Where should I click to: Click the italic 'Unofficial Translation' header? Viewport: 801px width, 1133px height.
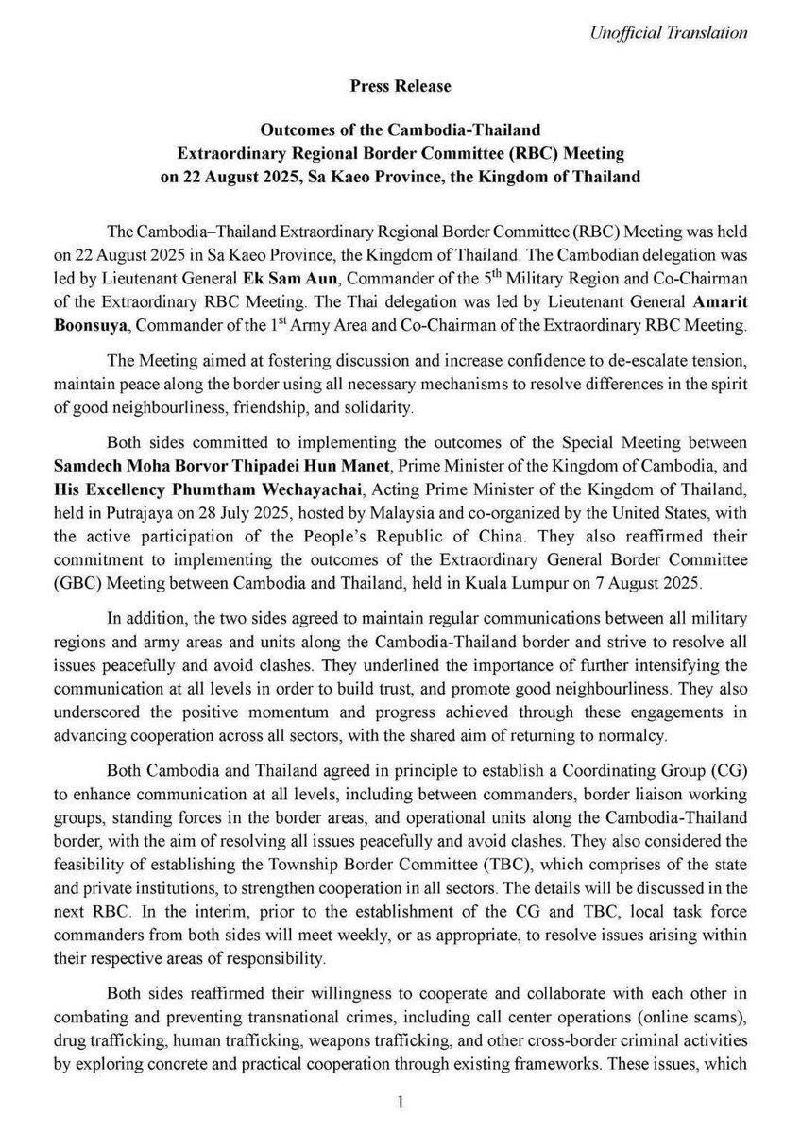[x=668, y=33]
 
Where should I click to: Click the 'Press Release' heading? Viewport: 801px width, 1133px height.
[x=400, y=86]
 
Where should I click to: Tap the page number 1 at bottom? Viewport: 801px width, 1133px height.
[x=400, y=1102]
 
